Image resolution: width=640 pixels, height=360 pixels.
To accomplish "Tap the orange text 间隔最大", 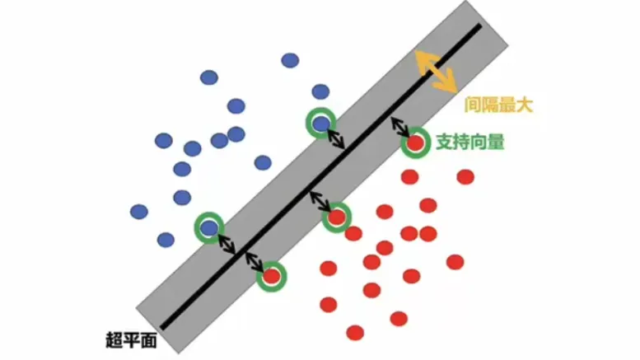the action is pos(499,105).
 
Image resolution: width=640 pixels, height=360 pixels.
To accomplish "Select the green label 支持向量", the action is pos(469,141).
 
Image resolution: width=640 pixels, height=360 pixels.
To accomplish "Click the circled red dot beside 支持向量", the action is pos(416,143).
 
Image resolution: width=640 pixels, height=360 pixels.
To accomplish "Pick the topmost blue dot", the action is pos(290,59).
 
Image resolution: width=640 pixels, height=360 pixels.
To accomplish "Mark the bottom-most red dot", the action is pos(355,332).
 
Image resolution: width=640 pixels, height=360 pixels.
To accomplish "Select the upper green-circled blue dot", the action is pos(320,123).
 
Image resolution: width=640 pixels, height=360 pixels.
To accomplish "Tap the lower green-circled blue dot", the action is pos(209,227).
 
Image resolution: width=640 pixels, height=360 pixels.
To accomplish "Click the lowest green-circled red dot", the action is pos(271,276).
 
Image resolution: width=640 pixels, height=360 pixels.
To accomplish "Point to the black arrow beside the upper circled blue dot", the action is pos(336,138).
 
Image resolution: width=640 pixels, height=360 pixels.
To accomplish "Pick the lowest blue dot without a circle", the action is pos(166,240).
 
